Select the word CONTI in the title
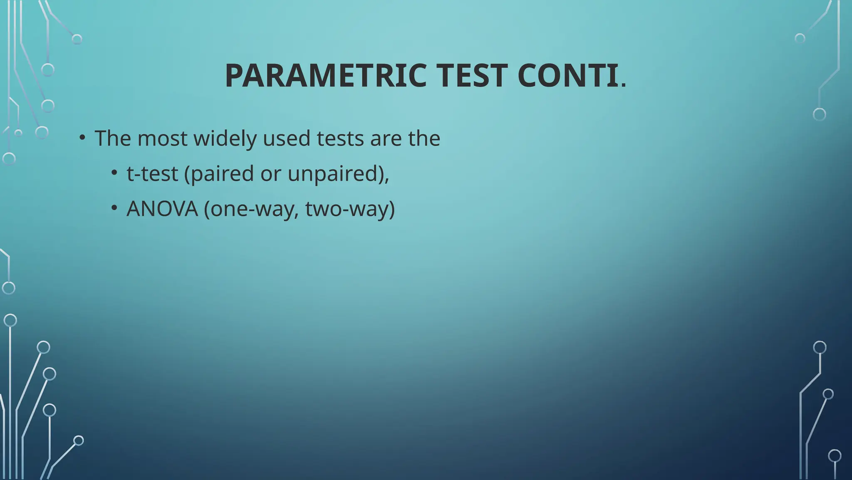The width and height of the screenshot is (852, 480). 568,76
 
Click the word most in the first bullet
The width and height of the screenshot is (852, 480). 162,138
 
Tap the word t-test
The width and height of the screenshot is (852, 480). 152,173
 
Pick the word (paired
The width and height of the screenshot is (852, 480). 219,174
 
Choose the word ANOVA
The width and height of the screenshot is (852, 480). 162,209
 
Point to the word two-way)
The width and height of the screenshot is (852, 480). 350,209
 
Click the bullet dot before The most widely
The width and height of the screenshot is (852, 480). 82,137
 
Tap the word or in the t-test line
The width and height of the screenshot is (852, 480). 270,174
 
